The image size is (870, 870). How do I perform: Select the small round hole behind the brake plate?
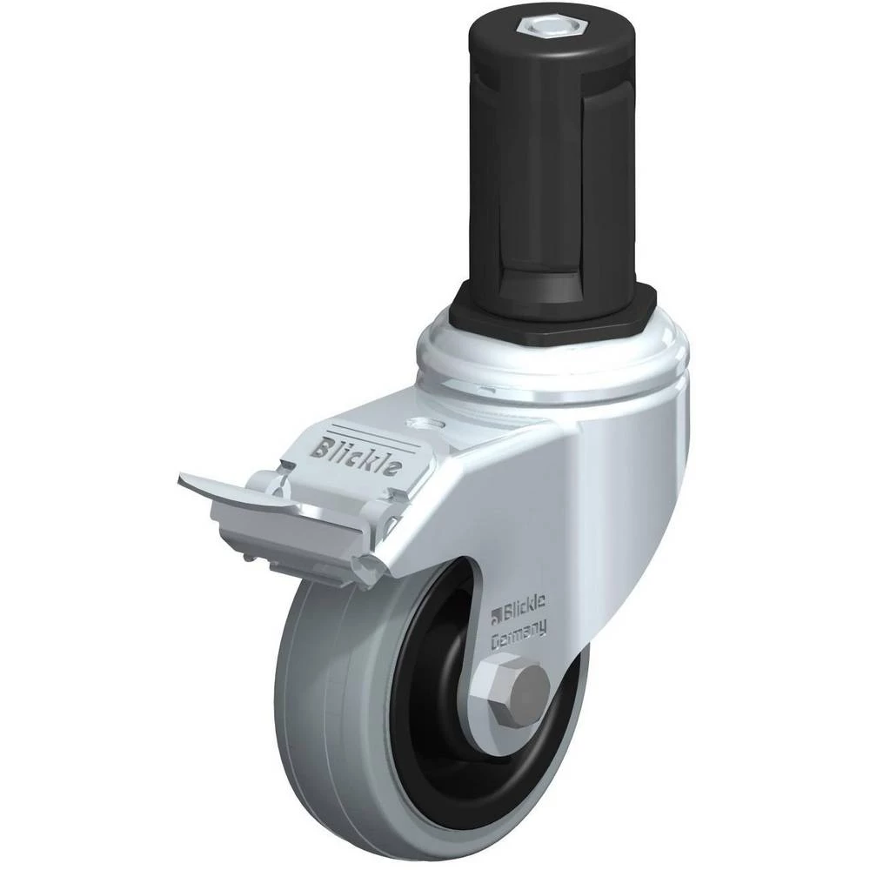point(426,423)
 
